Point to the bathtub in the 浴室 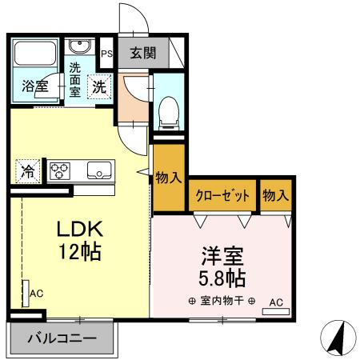point(34,54)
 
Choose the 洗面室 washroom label point(74,78)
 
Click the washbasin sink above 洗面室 point(78,46)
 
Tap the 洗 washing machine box point(99,85)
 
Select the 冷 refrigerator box point(26,170)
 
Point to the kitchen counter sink point(98,169)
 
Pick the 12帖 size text point(78,252)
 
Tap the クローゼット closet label point(222,195)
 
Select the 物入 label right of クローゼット point(276,195)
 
